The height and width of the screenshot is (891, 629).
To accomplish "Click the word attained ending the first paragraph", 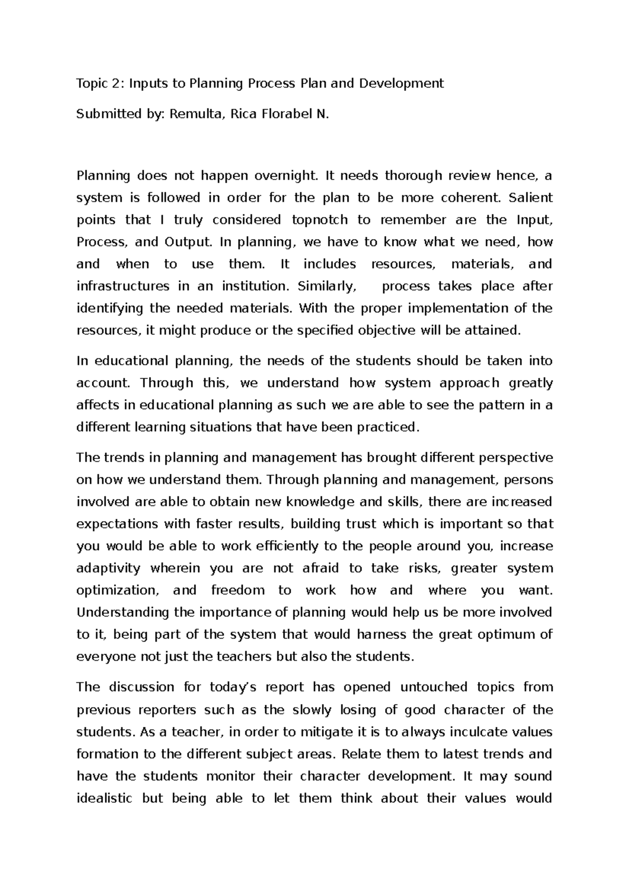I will click(x=495, y=331).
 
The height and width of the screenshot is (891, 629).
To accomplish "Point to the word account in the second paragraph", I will click(x=102, y=383).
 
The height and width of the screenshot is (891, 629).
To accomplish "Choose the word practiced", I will click(x=388, y=427).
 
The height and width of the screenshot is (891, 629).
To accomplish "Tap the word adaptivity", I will click(x=109, y=568).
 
